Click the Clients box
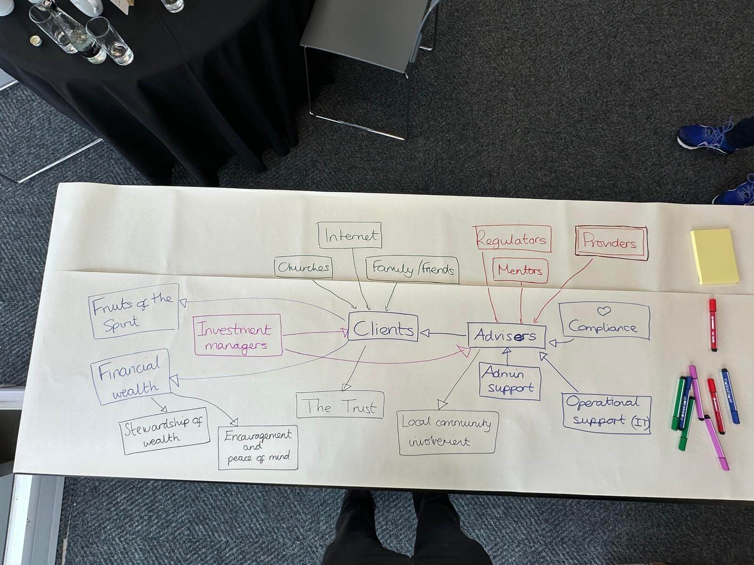(383, 326)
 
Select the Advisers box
(506, 335)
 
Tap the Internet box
(350, 235)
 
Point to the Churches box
(303, 268)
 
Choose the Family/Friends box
(413, 269)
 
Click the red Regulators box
(511, 239)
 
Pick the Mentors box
(520, 270)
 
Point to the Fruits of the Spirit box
(135, 311)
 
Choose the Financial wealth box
(130, 377)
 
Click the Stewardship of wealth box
(164, 430)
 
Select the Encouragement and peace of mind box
(258, 447)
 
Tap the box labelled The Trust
(340, 405)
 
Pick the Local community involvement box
(446, 432)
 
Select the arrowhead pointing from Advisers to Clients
(425, 333)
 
